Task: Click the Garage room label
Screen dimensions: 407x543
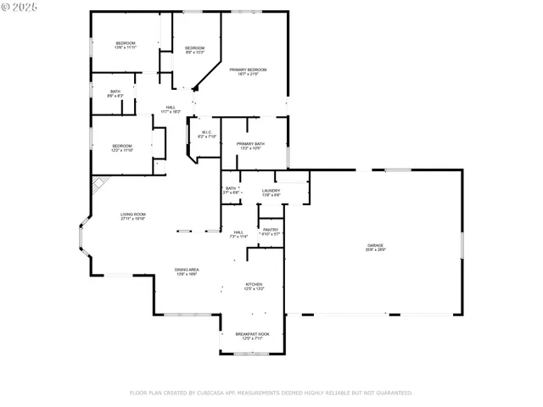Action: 375,247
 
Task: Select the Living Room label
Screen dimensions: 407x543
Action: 132,216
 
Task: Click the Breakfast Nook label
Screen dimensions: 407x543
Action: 254,336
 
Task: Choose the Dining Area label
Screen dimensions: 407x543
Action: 188,271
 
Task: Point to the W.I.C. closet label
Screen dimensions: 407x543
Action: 207,134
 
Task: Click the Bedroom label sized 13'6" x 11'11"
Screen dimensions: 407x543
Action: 125,44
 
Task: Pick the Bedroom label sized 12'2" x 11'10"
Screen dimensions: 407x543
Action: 122,148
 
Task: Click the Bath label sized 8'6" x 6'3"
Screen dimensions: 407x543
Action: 115,93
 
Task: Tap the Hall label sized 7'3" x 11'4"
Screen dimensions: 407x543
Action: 238,234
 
